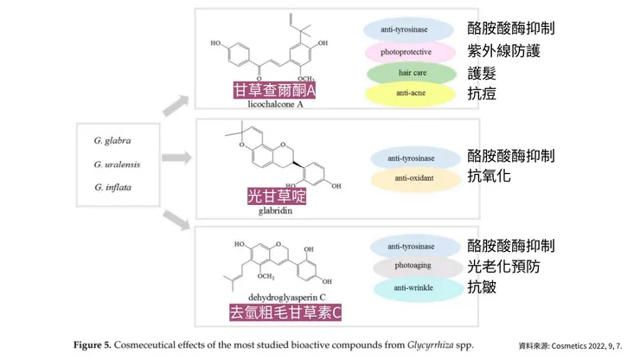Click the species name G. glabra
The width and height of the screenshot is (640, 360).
click(112, 140)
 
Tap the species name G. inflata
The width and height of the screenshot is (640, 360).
click(113, 186)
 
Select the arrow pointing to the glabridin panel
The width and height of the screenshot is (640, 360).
click(176, 158)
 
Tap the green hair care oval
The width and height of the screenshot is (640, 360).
click(410, 71)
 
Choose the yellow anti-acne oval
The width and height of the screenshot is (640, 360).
click(410, 92)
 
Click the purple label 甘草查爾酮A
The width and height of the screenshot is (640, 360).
click(274, 91)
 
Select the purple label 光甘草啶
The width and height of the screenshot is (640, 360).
click(277, 196)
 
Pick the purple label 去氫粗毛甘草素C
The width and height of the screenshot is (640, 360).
click(285, 312)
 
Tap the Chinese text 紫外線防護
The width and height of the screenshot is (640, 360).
click(503, 51)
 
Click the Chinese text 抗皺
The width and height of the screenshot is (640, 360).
click(482, 286)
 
